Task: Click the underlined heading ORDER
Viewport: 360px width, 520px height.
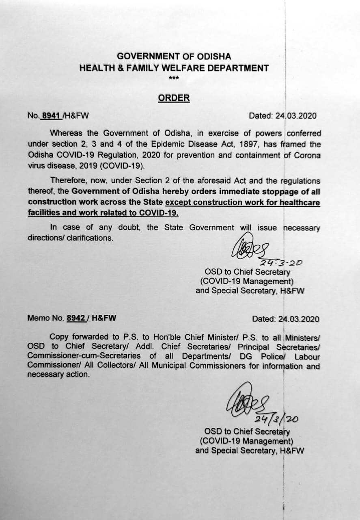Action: click(x=174, y=98)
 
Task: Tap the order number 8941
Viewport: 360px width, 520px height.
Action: click(x=51, y=116)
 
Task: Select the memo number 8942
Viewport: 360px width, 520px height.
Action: click(x=76, y=318)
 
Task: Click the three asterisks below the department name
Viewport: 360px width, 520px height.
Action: click(x=174, y=78)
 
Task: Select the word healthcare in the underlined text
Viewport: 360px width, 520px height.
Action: click(x=298, y=202)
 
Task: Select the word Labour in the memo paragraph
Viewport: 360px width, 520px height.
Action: click(x=307, y=357)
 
